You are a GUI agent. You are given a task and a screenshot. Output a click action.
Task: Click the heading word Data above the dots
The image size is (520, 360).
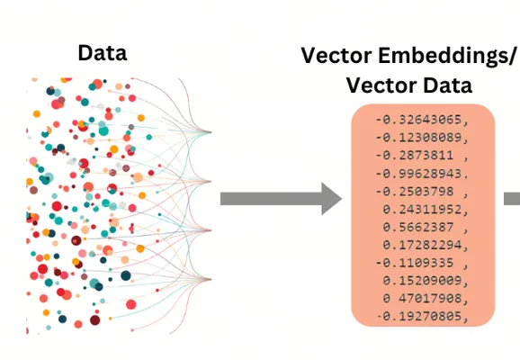pos(103,53)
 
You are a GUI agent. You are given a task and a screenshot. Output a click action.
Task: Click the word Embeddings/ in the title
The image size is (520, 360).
pos(447,56)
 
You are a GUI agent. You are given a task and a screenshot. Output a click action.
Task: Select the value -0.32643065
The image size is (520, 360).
pos(418,120)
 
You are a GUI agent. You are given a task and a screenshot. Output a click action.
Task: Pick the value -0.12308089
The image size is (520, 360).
pos(418,138)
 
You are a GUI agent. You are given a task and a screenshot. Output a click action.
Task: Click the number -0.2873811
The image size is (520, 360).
pos(415,156)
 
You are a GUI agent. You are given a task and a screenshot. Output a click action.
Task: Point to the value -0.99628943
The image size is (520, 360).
pos(418,173)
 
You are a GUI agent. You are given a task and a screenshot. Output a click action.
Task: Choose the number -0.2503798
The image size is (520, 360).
pos(415,192)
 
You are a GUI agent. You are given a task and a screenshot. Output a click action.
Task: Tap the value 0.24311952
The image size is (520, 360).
pos(422,210)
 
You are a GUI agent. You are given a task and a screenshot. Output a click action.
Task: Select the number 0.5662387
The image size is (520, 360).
pos(418,228)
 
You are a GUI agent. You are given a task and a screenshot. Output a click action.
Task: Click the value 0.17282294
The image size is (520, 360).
pos(422,245)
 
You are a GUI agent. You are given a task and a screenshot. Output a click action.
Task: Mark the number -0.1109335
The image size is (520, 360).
pos(415,263)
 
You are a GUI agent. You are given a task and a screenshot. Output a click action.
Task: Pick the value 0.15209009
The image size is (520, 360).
pos(422,281)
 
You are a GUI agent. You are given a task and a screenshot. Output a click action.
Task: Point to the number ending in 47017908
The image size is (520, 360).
pos(422,299)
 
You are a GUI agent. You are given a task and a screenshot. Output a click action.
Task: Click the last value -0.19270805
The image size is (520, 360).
pos(419,317)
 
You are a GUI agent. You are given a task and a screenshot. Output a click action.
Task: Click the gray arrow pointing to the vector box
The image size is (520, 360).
pos(281,199)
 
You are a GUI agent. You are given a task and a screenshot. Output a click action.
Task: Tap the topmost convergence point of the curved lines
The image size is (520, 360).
pos(211,132)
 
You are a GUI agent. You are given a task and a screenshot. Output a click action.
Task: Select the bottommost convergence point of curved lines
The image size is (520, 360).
pos(211,279)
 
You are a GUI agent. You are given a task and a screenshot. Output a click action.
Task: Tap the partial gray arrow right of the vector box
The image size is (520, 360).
pos(512,199)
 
